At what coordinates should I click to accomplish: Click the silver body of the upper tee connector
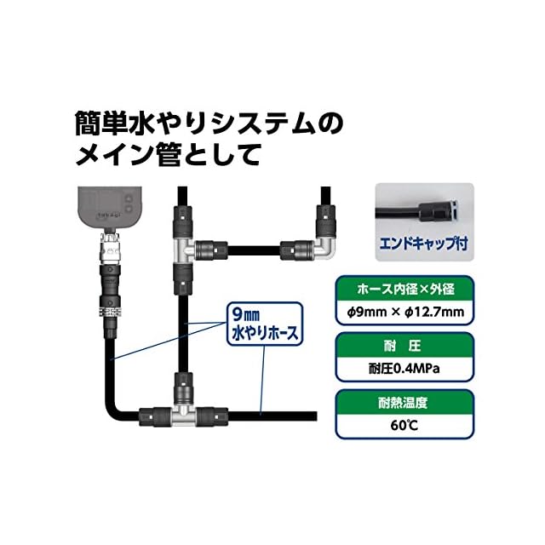click(x=181, y=250)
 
